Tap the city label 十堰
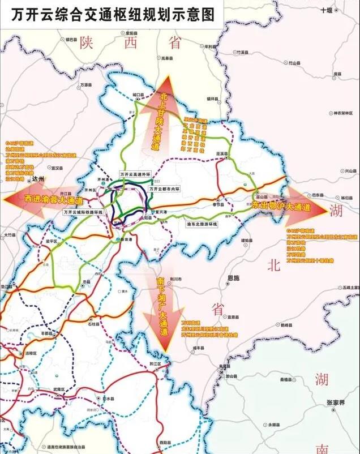(x=327, y=11)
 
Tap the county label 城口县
(x=139, y=95)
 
